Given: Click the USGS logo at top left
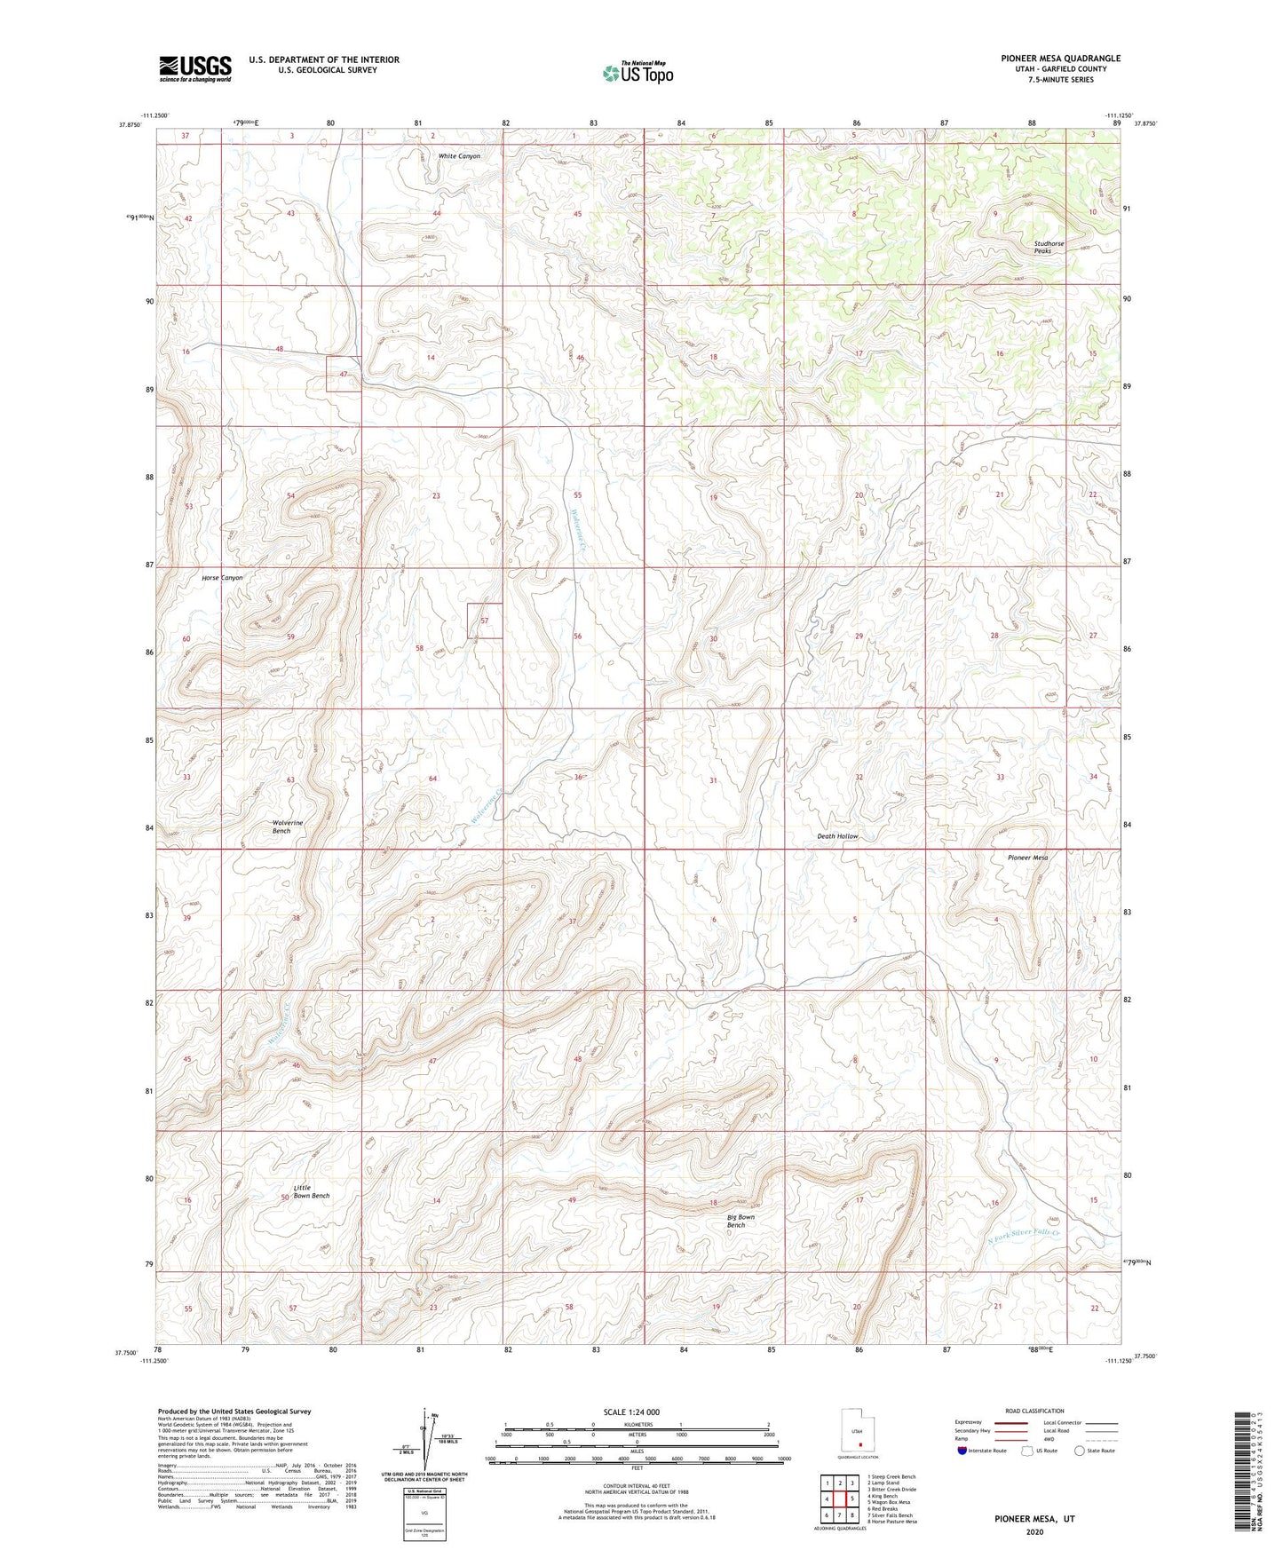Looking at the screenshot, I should click(x=195, y=68).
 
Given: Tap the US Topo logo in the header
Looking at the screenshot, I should click(x=637, y=73).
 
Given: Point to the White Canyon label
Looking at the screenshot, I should click(x=459, y=156).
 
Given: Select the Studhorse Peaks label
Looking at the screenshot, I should click(x=1049, y=247).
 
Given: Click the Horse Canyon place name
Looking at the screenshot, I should click(x=222, y=578).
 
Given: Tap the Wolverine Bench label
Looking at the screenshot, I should click(x=287, y=826).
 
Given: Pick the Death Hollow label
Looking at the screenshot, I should click(x=837, y=836).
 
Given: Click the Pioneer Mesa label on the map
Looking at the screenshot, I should click(x=1027, y=858).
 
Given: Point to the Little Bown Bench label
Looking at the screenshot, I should click(x=311, y=1191).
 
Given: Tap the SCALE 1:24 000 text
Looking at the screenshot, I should click(x=630, y=1412).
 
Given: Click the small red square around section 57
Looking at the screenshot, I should click(x=485, y=621).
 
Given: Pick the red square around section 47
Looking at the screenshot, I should click(x=343, y=374).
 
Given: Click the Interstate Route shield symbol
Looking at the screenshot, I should click(x=962, y=1451).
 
